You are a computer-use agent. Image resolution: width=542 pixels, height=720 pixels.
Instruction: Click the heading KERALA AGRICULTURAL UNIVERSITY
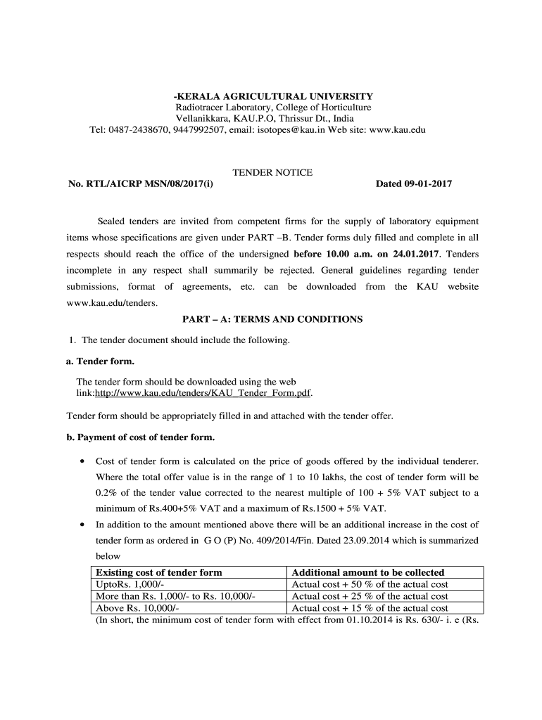coord(274,96)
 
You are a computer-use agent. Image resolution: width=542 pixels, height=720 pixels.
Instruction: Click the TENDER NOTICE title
coord(272,172)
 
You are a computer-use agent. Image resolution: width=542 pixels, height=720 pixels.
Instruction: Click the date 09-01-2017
coord(427,184)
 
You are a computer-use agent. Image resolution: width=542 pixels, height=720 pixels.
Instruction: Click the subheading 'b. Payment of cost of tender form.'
coord(140,437)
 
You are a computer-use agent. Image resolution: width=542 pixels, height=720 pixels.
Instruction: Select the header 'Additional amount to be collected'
coord(368,572)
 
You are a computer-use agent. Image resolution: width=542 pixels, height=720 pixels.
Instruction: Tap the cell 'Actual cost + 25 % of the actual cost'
coord(370,596)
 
